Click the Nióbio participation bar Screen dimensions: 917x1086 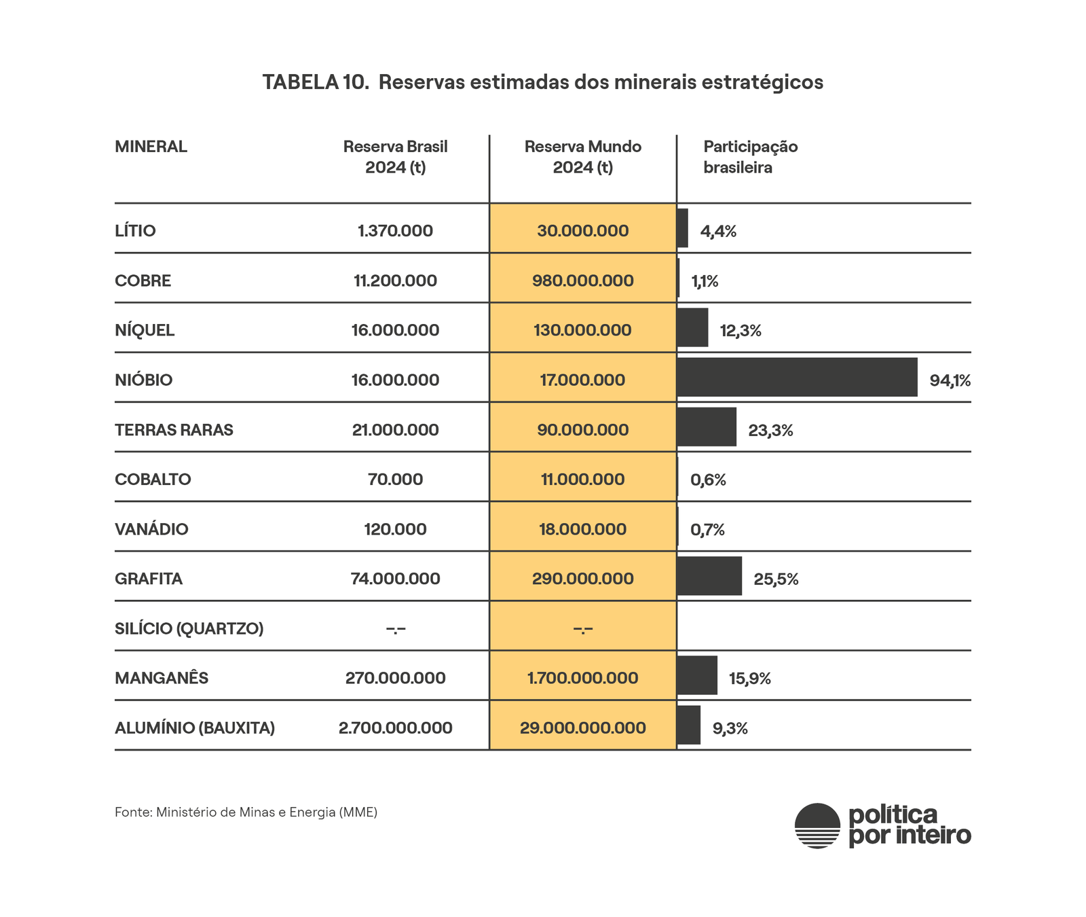click(797, 377)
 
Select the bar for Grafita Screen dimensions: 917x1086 click(709, 576)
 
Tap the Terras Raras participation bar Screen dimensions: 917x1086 click(707, 427)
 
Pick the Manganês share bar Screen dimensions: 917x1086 click(697, 675)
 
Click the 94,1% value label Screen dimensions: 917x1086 click(950, 380)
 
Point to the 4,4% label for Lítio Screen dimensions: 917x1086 click(718, 232)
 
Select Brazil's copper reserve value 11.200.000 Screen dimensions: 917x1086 click(395, 281)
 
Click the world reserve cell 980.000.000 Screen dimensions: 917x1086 click(583, 281)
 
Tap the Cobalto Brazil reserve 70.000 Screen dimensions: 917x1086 click(395, 480)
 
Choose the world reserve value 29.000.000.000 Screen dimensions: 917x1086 click(583, 728)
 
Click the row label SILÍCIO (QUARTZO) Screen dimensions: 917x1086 click(189, 628)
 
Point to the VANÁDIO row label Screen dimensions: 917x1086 click(151, 529)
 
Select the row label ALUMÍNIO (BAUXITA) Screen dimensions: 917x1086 click(195, 728)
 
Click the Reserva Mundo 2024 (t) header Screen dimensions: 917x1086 click(583, 157)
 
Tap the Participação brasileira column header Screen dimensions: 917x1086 click(750, 157)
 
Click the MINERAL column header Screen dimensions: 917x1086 click(151, 147)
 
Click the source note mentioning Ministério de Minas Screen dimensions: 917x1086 click(246, 812)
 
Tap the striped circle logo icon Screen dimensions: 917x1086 click(818, 826)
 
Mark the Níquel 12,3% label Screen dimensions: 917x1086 click(741, 331)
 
